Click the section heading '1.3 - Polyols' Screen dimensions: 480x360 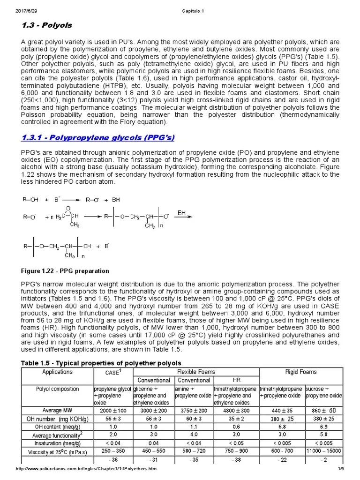(x=46, y=25)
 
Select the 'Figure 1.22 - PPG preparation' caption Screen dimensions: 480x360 (x=65, y=271)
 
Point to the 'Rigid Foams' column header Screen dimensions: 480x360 (x=301, y=372)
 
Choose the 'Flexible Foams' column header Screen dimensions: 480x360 (x=196, y=372)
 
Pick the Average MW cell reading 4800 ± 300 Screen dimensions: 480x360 (x=236, y=411)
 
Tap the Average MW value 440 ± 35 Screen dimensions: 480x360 (x=282, y=411)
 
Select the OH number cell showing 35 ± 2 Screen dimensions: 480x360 (x=236, y=419)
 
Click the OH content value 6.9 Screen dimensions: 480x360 (x=323, y=427)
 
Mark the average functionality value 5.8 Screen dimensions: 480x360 (x=323, y=435)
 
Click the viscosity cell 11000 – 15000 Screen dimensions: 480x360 (x=323, y=451)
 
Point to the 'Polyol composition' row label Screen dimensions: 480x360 (x=57, y=389)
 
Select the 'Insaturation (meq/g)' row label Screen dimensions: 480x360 (x=57, y=443)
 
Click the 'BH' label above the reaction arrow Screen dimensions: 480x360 (x=182, y=213)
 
